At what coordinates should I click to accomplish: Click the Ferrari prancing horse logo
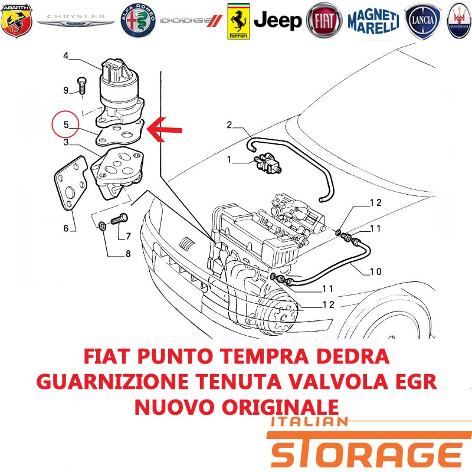coord(238,21)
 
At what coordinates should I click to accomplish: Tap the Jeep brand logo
coord(277,21)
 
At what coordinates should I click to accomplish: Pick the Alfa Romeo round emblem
coord(138,21)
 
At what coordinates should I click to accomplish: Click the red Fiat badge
coord(324,21)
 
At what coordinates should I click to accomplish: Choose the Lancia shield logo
coord(422,21)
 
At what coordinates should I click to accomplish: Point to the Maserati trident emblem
coord(460,21)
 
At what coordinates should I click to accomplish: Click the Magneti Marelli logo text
coord(373,21)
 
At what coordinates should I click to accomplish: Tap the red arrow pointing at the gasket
coord(165,129)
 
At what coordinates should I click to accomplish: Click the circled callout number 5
coord(66,124)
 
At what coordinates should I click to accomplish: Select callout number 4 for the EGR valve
coord(66,55)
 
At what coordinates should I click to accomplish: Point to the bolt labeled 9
coord(81,85)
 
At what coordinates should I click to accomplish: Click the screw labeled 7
coord(120,219)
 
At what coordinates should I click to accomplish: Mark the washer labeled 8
coord(102,225)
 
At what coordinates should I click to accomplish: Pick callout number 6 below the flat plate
coord(66,228)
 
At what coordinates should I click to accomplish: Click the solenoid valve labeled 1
coord(267,163)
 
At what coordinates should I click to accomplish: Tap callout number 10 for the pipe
coord(375,271)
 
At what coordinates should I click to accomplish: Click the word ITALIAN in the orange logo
coord(309,421)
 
